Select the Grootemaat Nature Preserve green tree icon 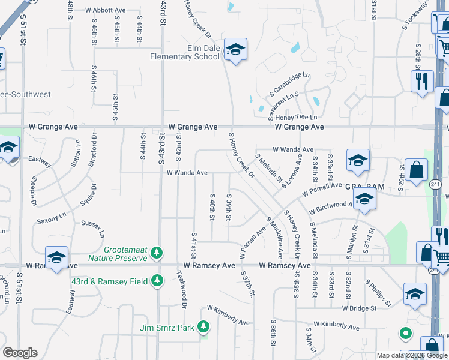157,253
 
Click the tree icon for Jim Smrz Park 204,327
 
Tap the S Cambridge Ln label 289,85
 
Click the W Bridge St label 359,308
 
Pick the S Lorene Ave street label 292,171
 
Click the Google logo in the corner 20,353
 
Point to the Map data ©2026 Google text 412,355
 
